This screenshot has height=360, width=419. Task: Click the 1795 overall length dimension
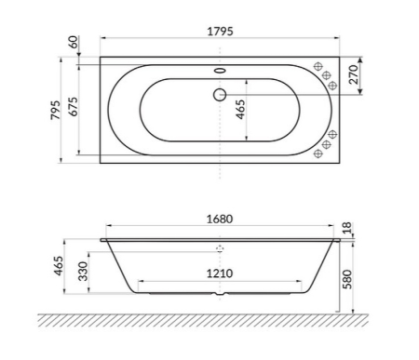coord(220,31)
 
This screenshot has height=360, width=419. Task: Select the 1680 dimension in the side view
coord(220,220)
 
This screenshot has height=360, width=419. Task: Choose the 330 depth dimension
coord(82,273)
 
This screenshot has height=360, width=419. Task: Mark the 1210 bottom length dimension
coord(220,274)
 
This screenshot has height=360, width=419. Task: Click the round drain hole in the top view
coord(220,94)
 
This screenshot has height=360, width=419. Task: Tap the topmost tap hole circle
coord(318,67)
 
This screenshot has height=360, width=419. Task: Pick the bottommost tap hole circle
coord(318,156)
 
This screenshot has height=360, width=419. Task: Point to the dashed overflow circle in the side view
coord(220,249)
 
